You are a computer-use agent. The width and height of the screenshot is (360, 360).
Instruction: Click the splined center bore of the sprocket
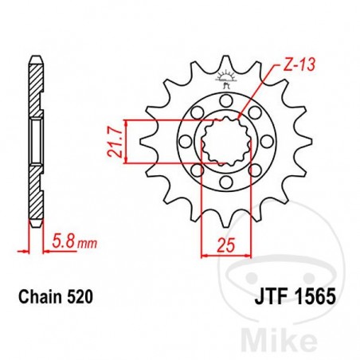(x=225, y=143)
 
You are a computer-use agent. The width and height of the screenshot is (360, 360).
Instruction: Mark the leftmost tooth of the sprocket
(x=146, y=143)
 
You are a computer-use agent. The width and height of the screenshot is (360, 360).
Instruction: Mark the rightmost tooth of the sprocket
(x=304, y=143)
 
